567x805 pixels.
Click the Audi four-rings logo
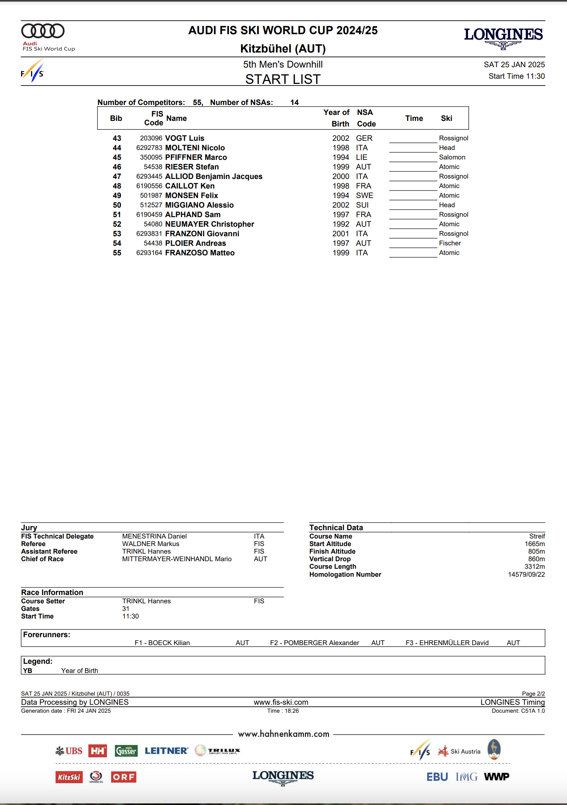click(x=43, y=31)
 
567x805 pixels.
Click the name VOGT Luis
click(x=184, y=138)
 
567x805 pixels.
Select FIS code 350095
click(x=151, y=157)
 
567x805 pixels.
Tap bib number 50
click(x=117, y=205)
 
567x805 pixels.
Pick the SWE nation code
click(x=364, y=195)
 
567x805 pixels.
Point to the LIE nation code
click(x=361, y=157)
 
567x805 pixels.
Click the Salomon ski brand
click(x=452, y=157)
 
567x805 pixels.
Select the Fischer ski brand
click(x=450, y=243)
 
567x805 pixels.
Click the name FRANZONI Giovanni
click(x=202, y=233)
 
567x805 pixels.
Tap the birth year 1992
click(x=341, y=224)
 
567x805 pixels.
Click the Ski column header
click(x=446, y=118)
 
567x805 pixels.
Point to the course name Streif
click(x=537, y=536)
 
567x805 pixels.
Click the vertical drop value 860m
click(x=536, y=559)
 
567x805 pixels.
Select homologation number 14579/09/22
click(x=526, y=574)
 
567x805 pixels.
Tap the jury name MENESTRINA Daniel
click(x=154, y=536)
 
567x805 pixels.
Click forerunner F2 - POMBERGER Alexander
click(x=315, y=643)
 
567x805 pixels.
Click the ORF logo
click(x=124, y=777)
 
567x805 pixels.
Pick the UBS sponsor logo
click(x=69, y=751)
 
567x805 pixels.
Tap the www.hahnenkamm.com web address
click(x=283, y=734)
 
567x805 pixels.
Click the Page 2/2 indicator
click(x=533, y=694)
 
